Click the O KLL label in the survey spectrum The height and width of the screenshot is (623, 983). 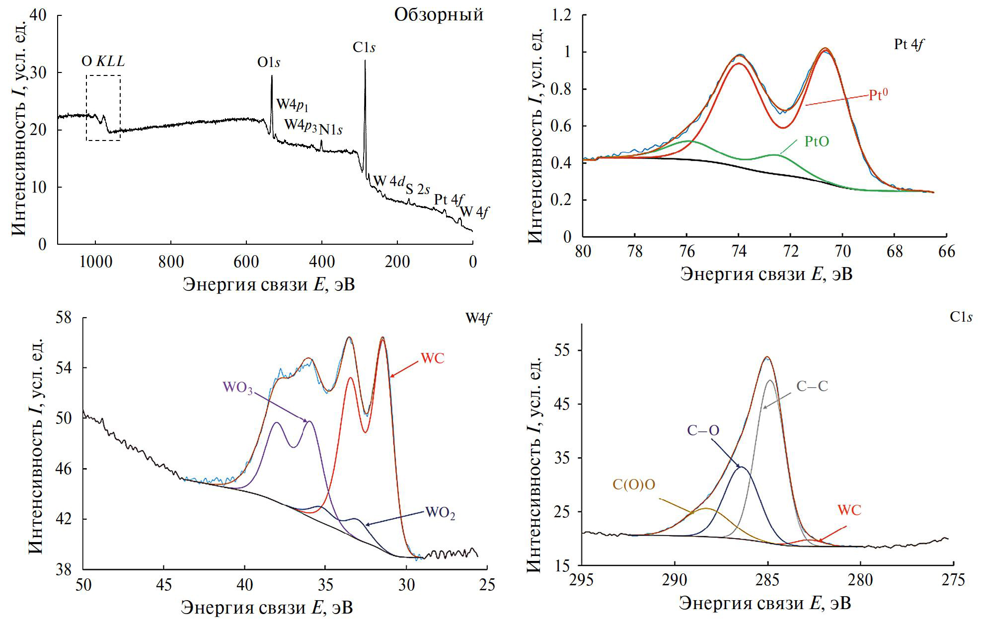point(103,62)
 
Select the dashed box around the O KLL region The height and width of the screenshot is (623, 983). point(86,108)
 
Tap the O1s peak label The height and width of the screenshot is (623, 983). point(269,63)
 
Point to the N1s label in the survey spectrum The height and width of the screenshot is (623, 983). point(331,130)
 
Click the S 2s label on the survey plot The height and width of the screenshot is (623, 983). point(418,189)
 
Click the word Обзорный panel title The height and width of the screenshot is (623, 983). point(438,15)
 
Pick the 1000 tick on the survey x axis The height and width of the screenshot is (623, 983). point(95,262)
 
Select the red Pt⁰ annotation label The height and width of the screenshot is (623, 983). point(878,95)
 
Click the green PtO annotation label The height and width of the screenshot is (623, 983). point(817,142)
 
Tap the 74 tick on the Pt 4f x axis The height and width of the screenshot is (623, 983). point(739,252)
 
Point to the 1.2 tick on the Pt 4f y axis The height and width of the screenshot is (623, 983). point(561,16)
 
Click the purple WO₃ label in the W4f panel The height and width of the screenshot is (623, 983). point(237,388)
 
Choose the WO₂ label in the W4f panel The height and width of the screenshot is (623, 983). point(440,513)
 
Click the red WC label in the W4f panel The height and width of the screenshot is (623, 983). point(432,358)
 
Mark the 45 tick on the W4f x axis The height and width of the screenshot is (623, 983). point(164,585)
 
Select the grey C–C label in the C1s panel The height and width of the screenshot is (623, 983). point(812,387)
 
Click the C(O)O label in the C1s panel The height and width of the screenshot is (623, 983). point(634,485)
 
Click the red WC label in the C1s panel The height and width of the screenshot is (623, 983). point(849,510)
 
